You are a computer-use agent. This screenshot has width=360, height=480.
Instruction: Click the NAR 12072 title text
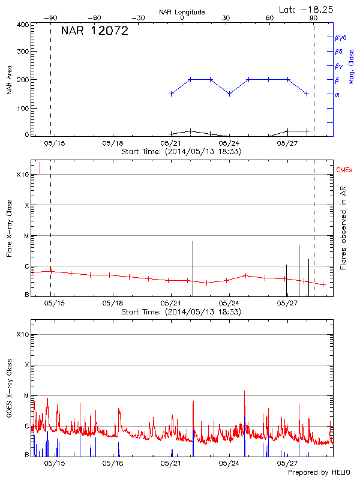click(94, 32)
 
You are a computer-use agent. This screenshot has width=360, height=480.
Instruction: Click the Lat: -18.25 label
click(307, 9)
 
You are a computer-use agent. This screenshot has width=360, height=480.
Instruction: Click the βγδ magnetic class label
click(340, 37)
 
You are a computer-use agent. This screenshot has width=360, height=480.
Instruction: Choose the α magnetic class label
click(337, 94)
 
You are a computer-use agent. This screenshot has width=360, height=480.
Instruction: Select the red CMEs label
click(345, 170)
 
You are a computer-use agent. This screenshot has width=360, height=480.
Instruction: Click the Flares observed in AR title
click(344, 228)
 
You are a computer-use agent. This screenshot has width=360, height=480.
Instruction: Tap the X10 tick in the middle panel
click(23, 175)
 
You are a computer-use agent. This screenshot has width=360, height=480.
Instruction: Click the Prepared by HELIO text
click(320, 473)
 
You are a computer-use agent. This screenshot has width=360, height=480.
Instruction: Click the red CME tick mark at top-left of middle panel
click(40, 167)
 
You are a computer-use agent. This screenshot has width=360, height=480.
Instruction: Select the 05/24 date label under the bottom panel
click(229, 463)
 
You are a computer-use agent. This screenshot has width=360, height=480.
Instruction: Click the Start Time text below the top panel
click(181, 152)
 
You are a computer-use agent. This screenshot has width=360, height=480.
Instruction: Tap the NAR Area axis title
click(9, 80)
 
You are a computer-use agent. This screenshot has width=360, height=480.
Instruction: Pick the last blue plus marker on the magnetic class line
click(307, 94)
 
